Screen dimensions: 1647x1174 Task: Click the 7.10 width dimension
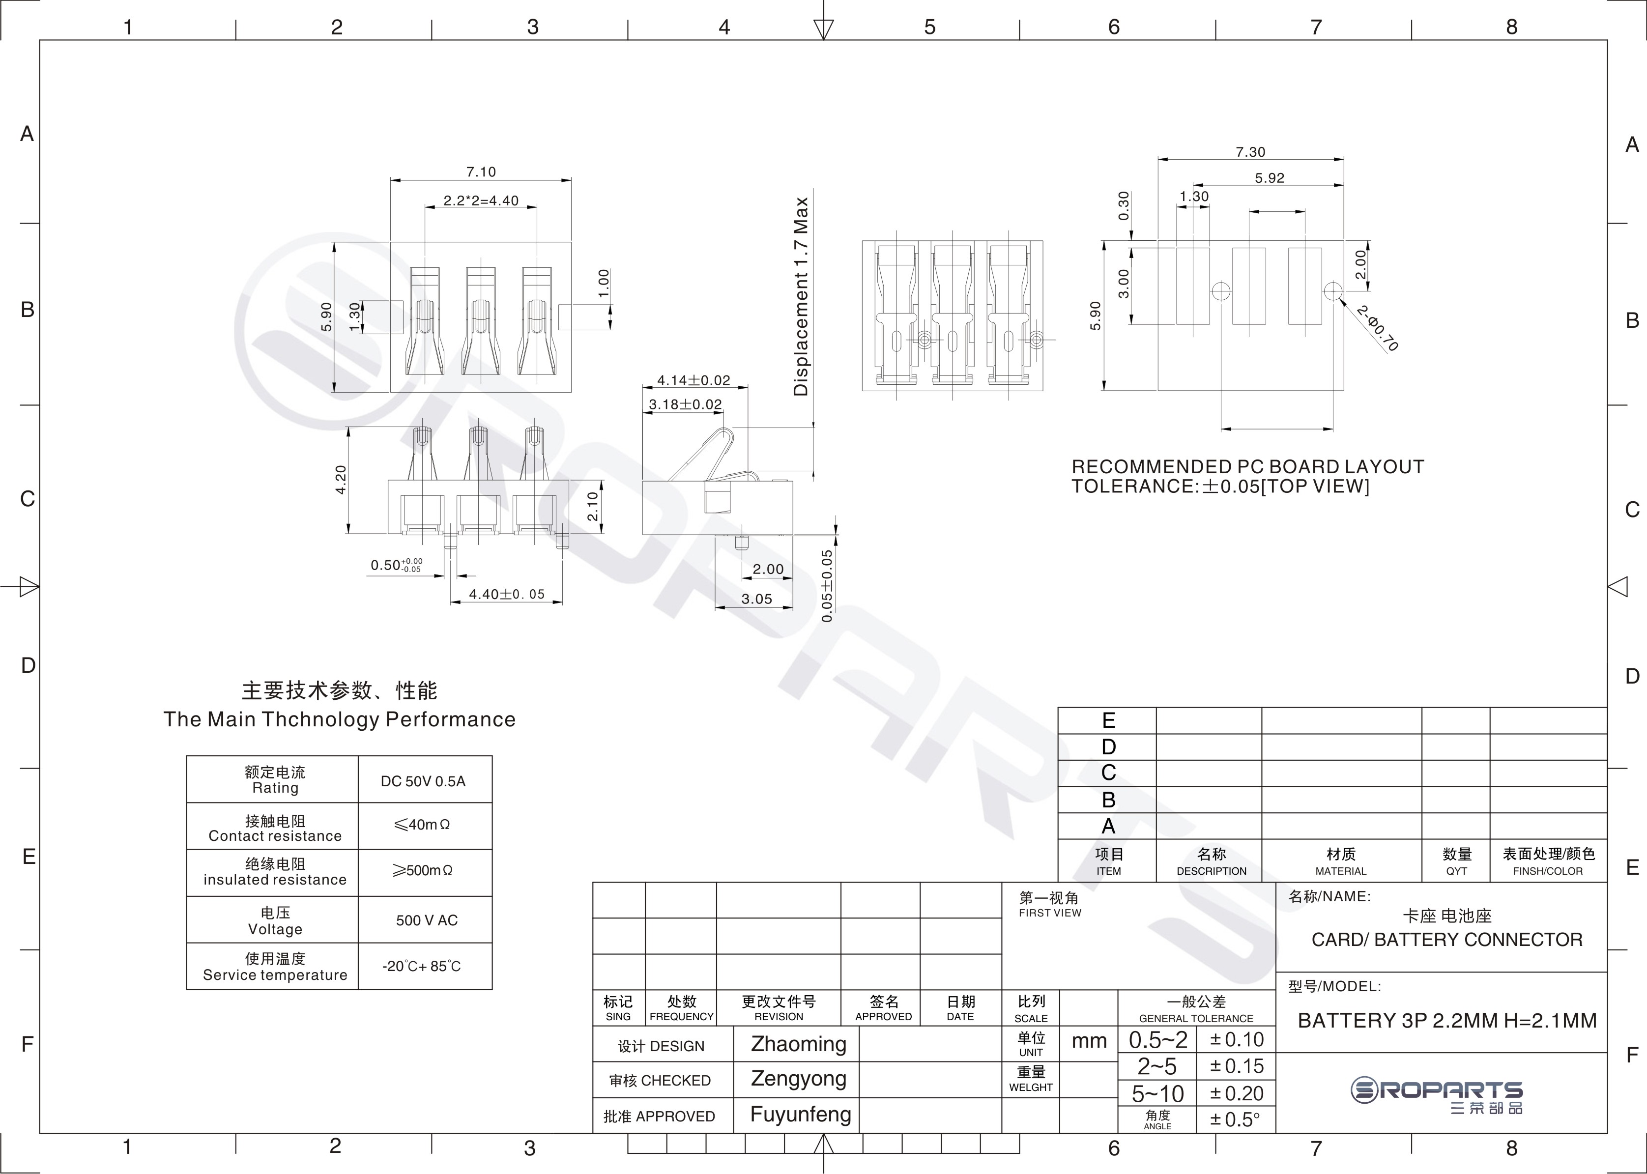481,172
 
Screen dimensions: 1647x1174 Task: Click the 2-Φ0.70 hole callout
1377,329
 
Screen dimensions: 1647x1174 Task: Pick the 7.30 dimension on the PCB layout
1250,152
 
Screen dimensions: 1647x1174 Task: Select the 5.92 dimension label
1270,178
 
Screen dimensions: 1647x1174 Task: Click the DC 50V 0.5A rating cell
423,781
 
